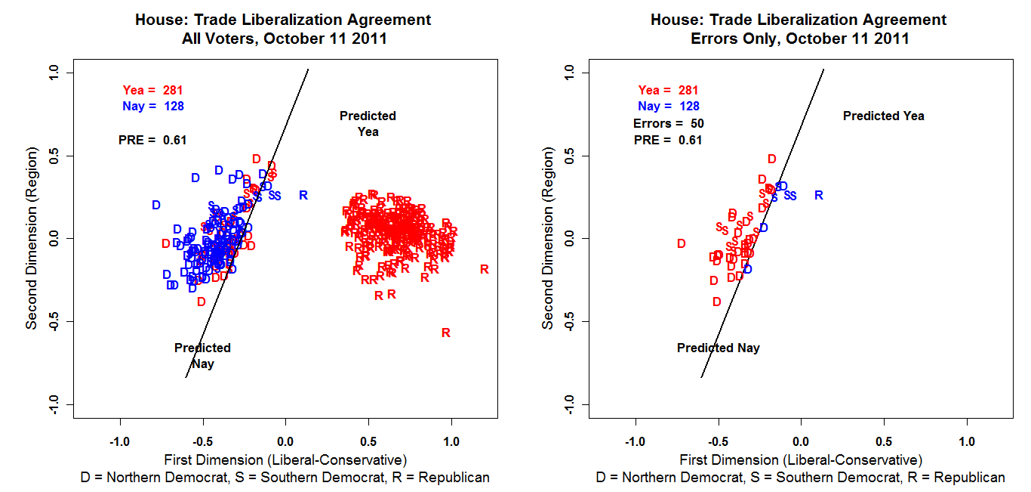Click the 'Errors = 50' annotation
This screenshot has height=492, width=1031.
pyautogui.click(x=668, y=123)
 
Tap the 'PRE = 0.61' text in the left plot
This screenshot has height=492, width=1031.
pyautogui.click(x=152, y=140)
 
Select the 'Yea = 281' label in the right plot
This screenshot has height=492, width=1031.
pyautogui.click(x=668, y=90)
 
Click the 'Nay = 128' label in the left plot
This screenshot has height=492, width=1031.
pyautogui.click(x=152, y=107)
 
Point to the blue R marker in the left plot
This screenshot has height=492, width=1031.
pyautogui.click(x=303, y=195)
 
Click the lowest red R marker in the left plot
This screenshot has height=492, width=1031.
pyautogui.click(x=446, y=333)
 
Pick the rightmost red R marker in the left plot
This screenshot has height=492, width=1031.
pyautogui.click(x=484, y=269)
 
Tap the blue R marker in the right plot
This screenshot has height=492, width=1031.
pyautogui.click(x=818, y=195)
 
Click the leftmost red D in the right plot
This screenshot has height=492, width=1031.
pyautogui.click(x=681, y=243)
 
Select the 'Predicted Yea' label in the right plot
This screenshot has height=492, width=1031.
pyautogui.click(x=883, y=116)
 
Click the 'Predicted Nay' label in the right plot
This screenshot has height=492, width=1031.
pyautogui.click(x=718, y=348)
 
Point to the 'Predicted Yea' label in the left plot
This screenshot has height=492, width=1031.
pyautogui.click(x=368, y=123)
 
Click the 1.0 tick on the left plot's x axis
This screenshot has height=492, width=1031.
pyautogui.click(x=451, y=441)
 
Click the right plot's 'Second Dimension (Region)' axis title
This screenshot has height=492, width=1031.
pyautogui.click(x=548, y=237)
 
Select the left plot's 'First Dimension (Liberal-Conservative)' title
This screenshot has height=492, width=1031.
pyautogui.click(x=285, y=460)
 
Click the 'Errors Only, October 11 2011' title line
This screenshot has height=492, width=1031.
pyautogui.click(x=800, y=39)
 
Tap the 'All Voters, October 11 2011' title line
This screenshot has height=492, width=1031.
pyautogui.click(x=285, y=39)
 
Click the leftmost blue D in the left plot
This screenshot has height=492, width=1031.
pyautogui.click(x=156, y=205)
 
